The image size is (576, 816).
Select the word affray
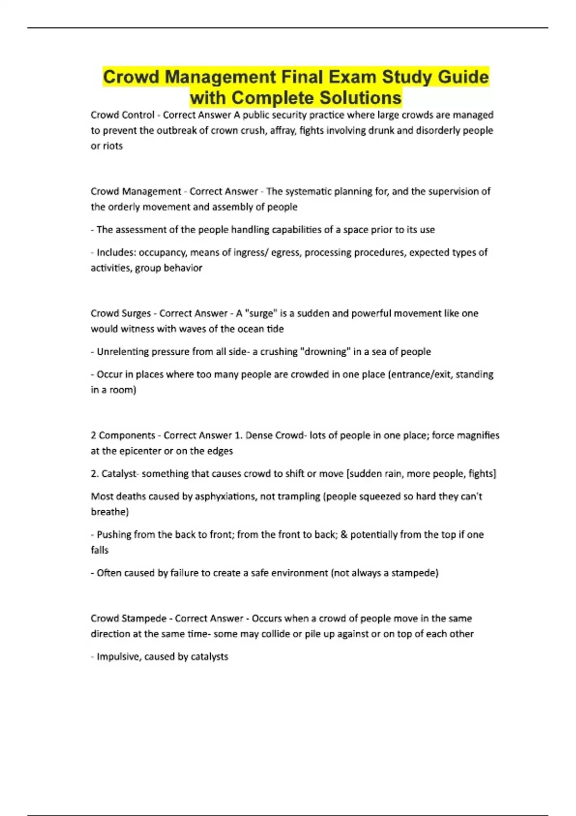(x=282, y=131)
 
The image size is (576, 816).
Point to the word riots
(x=113, y=146)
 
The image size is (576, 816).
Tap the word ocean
(x=251, y=329)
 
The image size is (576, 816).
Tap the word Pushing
(x=114, y=535)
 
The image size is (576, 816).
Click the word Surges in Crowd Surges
(x=137, y=313)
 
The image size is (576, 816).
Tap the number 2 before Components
(x=93, y=435)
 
